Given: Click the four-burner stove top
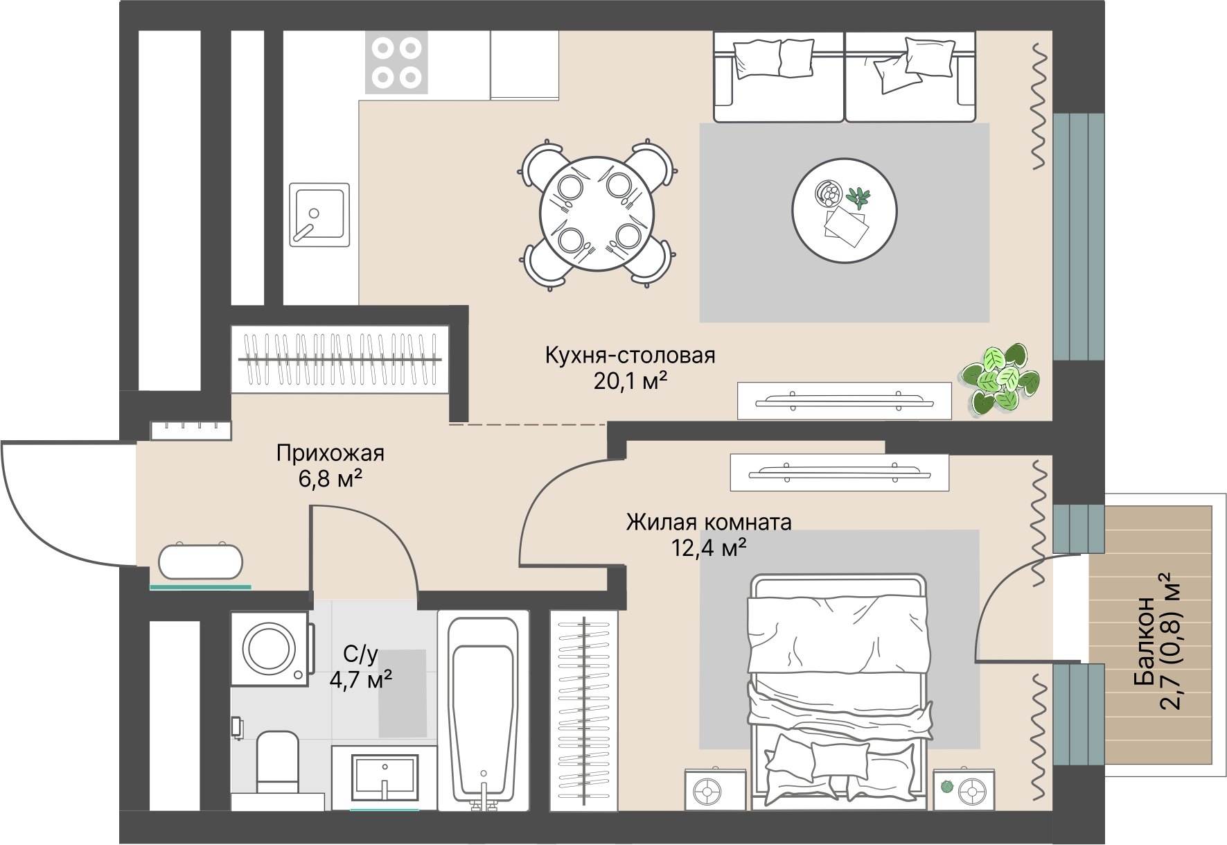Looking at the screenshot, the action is pos(396,62).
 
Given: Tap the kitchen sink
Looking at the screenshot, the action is pos(319,215).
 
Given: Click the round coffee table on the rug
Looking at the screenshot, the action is pos(845,211).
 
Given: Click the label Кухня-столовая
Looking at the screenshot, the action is pos(630,356).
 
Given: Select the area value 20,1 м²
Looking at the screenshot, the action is pos(630,381).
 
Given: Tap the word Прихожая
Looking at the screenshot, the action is pos(330,453).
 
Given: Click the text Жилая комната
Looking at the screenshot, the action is pos(709,522).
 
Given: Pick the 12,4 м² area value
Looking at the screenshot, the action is pos(709,548).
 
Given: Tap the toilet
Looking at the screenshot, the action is pos(277,762).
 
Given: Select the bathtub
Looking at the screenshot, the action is pos(483,711).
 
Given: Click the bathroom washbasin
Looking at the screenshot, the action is pos(385,778).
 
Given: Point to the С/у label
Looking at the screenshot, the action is pos(361,654).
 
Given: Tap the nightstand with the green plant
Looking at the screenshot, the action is pos(964,790).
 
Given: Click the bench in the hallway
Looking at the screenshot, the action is pos(201,561).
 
